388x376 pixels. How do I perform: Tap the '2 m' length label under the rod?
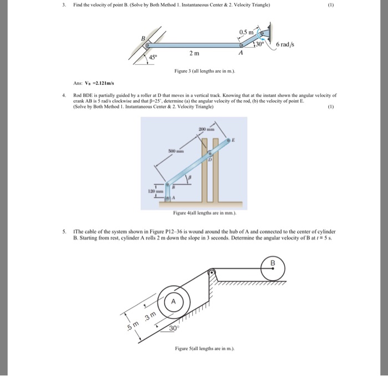pos(193,53)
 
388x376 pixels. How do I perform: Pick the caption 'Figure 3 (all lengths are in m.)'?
pos(197,71)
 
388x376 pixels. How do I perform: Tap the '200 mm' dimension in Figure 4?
pos(199,128)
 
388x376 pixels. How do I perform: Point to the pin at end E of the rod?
pos(228,142)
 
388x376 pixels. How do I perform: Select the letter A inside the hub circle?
pos(173,301)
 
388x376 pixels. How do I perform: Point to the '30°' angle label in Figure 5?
pos(173,328)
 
